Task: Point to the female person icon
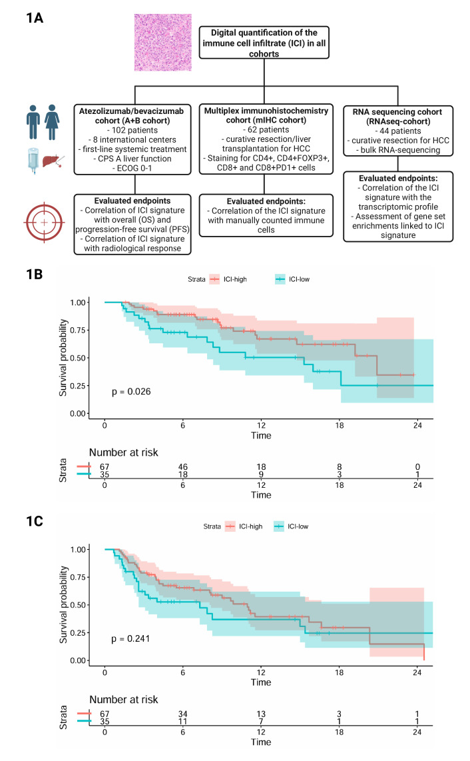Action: tap(52, 121)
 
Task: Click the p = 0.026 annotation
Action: tap(131, 391)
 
